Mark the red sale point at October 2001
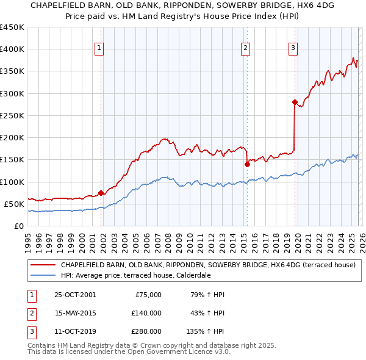101,193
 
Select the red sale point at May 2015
247,164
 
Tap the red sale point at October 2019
295,102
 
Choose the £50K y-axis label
14,204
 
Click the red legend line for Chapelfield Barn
43,265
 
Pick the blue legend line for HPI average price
43,276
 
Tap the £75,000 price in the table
147,295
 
